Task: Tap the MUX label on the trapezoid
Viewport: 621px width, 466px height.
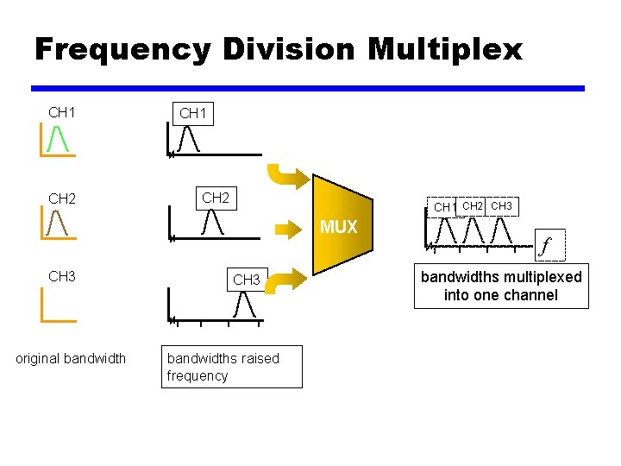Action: point(339,227)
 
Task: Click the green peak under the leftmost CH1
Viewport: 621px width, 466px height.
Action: point(59,138)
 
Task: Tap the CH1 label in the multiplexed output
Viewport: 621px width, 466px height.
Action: point(443,207)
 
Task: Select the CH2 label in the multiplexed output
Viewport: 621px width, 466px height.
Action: point(472,205)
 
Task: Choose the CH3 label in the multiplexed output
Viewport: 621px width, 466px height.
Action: point(501,205)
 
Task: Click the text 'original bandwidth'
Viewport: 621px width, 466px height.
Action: point(71,358)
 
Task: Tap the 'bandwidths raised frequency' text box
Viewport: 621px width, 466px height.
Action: point(232,367)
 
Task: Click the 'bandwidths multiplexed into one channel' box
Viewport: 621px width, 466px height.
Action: point(501,286)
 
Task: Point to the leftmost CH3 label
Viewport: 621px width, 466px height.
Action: point(62,276)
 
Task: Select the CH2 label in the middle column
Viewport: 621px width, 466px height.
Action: point(216,198)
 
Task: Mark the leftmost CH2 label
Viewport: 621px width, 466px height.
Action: point(62,198)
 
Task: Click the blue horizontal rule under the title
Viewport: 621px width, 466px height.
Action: point(308,88)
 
